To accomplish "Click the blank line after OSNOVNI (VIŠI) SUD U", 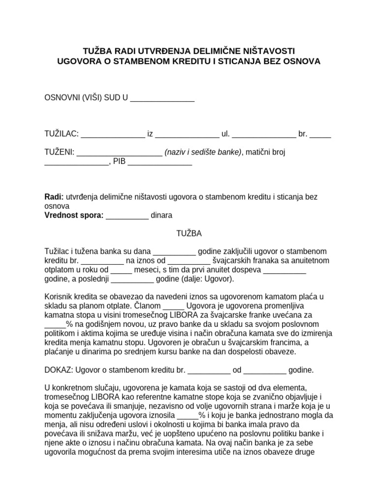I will [162, 98].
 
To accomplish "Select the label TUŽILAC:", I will [61, 134].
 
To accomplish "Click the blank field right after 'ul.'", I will [264, 134].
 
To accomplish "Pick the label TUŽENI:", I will [60, 152].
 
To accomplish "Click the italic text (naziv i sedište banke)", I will [203, 152].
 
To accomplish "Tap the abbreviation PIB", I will [119, 161].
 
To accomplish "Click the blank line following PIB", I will [160, 162].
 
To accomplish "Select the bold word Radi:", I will [54, 197].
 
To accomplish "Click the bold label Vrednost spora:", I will [74, 215].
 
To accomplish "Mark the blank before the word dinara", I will [127, 216].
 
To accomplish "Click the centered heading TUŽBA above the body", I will [189, 233].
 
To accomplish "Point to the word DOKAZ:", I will [60, 370].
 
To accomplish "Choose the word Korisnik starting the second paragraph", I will [60, 296].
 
